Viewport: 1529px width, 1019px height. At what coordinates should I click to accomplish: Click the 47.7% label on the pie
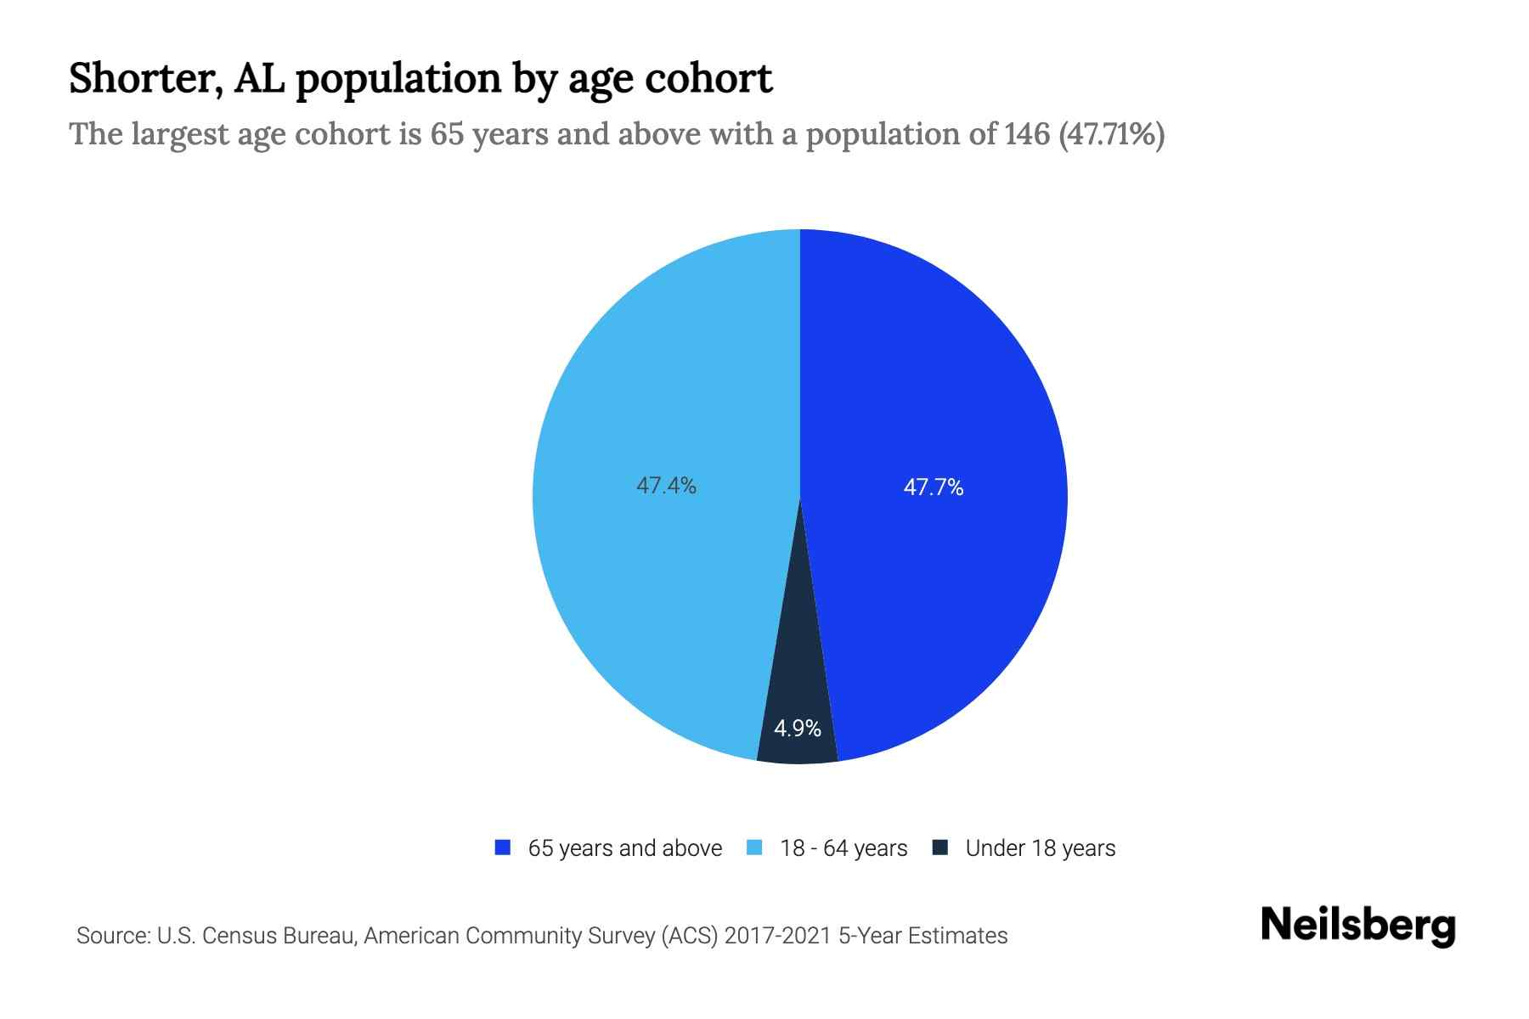click(x=933, y=487)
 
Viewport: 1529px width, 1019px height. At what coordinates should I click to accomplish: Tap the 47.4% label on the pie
click(x=666, y=486)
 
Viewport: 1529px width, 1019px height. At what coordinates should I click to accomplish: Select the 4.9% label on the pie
click(x=797, y=729)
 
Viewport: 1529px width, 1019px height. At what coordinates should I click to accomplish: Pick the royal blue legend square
click(x=503, y=847)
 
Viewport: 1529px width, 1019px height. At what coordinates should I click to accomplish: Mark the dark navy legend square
click(x=939, y=847)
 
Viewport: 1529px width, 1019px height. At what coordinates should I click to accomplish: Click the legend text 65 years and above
click(x=624, y=848)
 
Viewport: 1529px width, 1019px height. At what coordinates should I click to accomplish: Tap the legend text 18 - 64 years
click(x=843, y=848)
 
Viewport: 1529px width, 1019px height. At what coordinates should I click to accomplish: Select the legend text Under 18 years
click(x=1040, y=848)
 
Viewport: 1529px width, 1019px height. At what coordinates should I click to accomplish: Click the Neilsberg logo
click(x=1357, y=926)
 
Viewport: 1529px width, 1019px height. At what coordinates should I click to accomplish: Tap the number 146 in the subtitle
click(x=1026, y=134)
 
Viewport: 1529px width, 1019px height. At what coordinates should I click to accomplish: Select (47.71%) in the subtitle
click(x=1111, y=134)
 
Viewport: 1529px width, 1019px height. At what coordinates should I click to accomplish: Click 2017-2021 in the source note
click(x=777, y=936)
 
